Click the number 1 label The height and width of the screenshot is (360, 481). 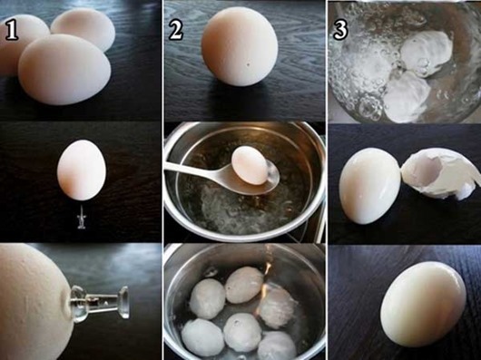(11, 31)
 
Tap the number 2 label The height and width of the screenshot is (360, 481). (176, 31)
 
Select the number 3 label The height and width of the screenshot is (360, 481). (341, 30)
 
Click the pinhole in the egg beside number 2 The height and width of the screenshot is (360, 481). (248, 64)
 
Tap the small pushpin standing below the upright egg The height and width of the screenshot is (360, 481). (82, 219)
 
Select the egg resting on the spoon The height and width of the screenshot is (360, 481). (250, 165)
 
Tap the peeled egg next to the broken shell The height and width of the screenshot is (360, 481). (369, 186)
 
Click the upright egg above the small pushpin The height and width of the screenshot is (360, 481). (82, 170)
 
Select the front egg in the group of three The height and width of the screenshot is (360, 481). (64, 69)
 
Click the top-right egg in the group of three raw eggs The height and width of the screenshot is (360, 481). (83, 29)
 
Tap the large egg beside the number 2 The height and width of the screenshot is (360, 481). (240, 46)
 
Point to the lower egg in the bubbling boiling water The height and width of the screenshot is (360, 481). (405, 97)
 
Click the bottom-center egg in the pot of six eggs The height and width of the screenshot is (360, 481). (242, 332)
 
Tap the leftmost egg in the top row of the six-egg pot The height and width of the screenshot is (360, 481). (207, 298)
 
